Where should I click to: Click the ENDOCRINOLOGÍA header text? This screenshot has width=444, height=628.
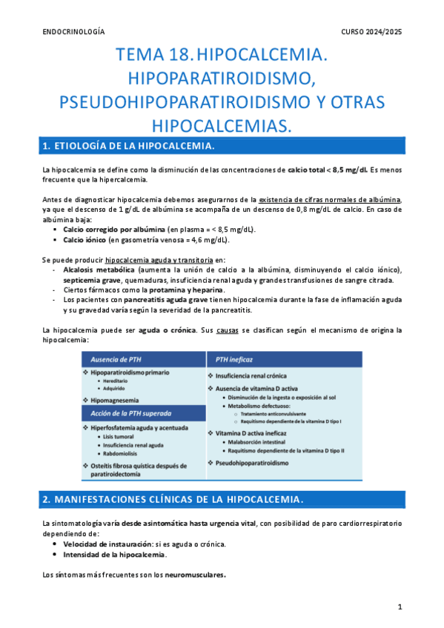(x=73, y=32)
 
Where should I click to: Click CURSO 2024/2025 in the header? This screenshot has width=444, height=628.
(x=371, y=32)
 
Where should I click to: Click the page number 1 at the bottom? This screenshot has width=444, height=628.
(x=399, y=607)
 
